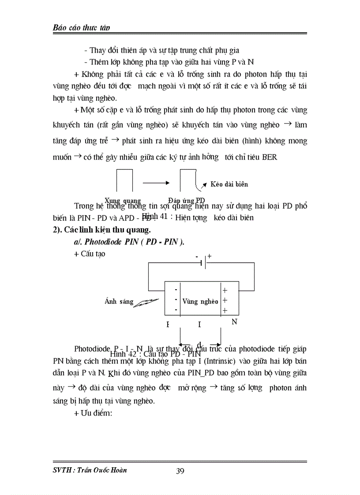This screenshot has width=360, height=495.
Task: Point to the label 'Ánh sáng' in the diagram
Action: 119,301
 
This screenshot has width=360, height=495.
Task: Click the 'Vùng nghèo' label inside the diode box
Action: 200,301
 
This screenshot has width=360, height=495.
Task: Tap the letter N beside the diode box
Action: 234,322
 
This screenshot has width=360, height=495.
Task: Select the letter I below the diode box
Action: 199,325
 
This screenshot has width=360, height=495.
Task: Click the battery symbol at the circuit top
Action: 203,263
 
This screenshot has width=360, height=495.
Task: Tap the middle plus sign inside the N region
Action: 225,301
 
